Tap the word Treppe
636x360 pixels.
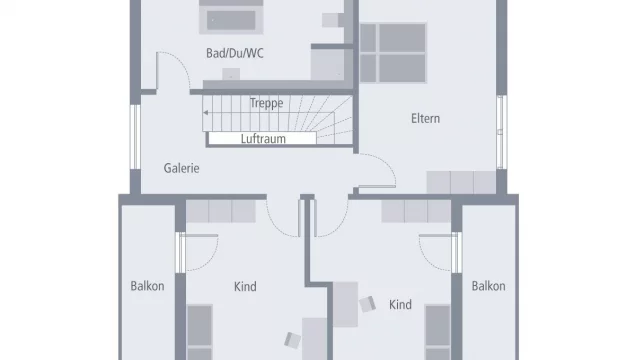tap(266, 103)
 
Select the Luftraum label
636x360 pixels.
tap(263, 139)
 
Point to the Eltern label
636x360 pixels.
tap(425, 119)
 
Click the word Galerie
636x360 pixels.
tap(182, 168)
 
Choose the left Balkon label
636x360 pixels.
tap(147, 286)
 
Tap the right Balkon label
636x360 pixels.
tap(488, 286)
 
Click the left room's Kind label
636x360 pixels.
tap(245, 287)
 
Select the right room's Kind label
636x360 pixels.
tap(400, 304)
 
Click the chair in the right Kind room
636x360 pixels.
tap(368, 302)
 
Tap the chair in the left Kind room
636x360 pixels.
tap(291, 339)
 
